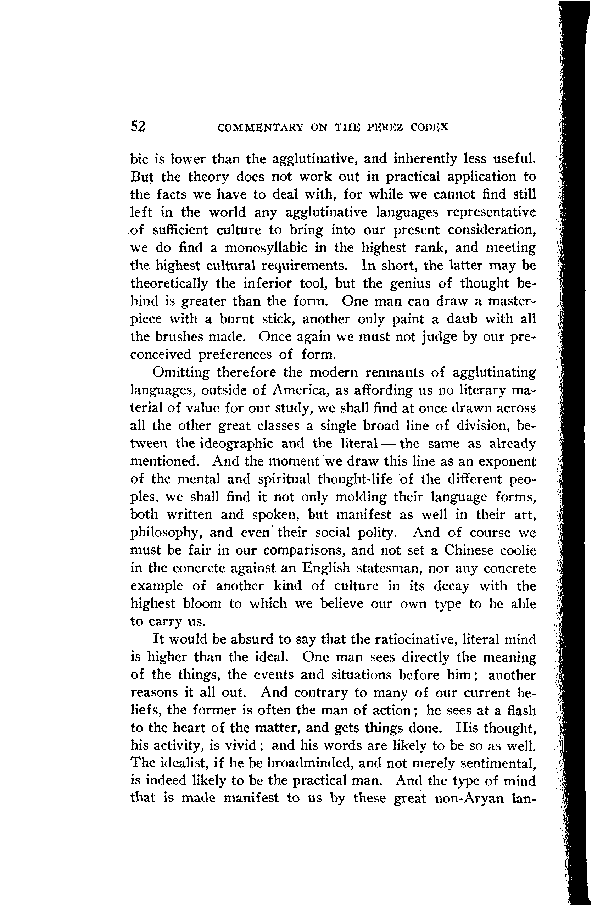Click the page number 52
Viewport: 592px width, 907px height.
click(x=138, y=126)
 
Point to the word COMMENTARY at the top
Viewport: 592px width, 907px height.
click(x=260, y=127)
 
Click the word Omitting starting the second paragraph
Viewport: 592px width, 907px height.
click(x=180, y=372)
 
